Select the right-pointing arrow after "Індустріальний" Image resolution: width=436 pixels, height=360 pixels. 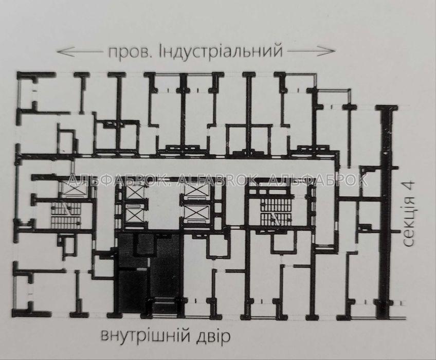coord(311,51)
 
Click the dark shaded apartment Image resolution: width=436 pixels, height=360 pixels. coord(149,274)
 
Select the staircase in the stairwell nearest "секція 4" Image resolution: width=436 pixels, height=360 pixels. coord(275,213)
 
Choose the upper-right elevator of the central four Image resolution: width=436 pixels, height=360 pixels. coord(196,192)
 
